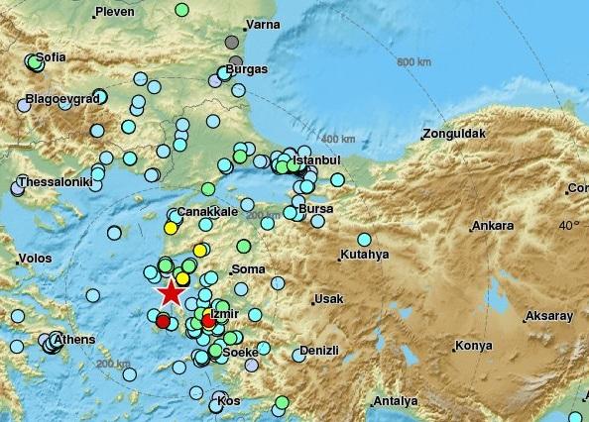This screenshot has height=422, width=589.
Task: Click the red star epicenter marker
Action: [x=171, y=292]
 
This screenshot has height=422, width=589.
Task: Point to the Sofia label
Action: [x=51, y=57]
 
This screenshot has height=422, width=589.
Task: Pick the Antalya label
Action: [x=395, y=401]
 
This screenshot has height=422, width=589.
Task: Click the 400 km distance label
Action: [x=338, y=138]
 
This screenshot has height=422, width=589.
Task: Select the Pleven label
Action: [x=113, y=12]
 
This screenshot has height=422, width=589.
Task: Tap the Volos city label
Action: [x=36, y=262]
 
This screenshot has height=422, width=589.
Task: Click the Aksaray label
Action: [x=551, y=316]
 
